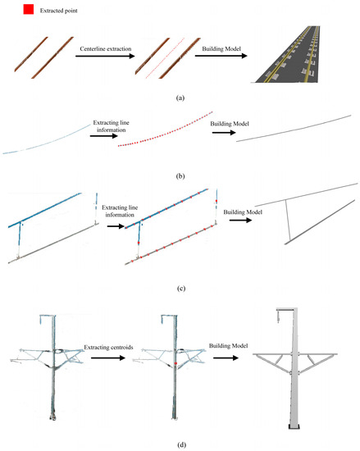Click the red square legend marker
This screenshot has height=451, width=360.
click(x=28, y=11)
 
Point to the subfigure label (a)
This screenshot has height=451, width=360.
click(x=180, y=97)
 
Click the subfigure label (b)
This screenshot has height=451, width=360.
click(x=180, y=171)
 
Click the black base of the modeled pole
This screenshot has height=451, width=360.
click(x=296, y=425)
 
